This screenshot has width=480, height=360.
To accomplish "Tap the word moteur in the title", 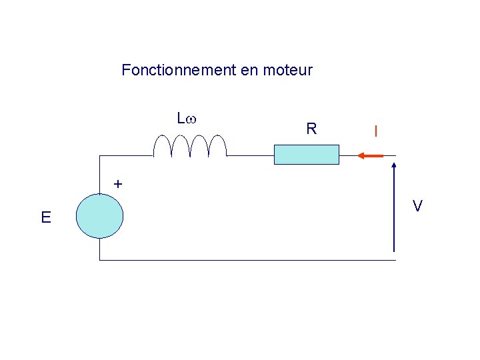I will pos(288,70).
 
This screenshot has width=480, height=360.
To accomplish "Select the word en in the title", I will pos(249,70).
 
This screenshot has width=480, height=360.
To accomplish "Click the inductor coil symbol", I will pos(190,145).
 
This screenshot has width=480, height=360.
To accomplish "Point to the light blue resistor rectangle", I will pos(307,155).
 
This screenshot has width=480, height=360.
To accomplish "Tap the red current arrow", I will pos(370,156).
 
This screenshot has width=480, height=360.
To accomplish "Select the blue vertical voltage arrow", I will pos(395,207).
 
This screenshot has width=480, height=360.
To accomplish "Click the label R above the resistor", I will pos(311,129).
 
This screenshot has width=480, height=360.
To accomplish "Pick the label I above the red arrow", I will pos(376,132).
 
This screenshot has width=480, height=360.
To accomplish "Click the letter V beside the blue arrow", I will pos(417,207).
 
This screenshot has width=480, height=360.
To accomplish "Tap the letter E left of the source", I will pos(45,217).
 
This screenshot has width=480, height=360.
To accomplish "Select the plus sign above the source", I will pos(117,183).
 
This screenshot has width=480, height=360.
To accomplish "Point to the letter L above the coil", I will pos(181,119).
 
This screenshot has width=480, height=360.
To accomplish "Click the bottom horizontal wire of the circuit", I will pos(247,259).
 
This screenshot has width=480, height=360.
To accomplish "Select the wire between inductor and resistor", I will pos(250,156).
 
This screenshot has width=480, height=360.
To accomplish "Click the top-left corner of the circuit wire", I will pos(99,156).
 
